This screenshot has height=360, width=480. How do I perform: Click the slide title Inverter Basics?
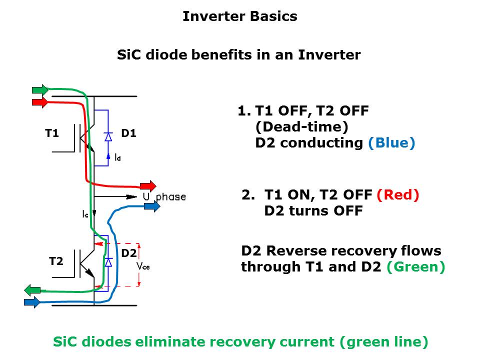point(239,16)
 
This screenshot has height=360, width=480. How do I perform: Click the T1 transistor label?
point(52,133)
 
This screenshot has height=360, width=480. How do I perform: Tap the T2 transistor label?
point(56,261)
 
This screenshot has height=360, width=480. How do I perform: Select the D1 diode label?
point(128,133)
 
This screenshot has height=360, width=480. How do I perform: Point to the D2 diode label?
point(128,253)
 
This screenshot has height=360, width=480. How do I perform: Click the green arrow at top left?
point(40,90)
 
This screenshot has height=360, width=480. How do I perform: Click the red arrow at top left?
point(40,102)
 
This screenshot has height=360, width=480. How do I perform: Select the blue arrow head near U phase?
point(152,206)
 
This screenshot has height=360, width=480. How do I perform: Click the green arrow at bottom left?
point(32,289)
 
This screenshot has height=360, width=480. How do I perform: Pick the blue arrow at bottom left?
point(32,302)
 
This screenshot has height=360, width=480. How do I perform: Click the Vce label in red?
point(143,266)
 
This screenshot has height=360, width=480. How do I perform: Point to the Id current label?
point(117,157)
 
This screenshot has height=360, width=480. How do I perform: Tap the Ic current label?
point(85,213)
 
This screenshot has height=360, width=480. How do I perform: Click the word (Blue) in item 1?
point(391,142)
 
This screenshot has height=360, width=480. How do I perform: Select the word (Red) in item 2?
point(397,194)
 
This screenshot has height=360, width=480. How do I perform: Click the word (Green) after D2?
point(416,266)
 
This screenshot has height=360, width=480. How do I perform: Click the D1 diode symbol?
point(107,136)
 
